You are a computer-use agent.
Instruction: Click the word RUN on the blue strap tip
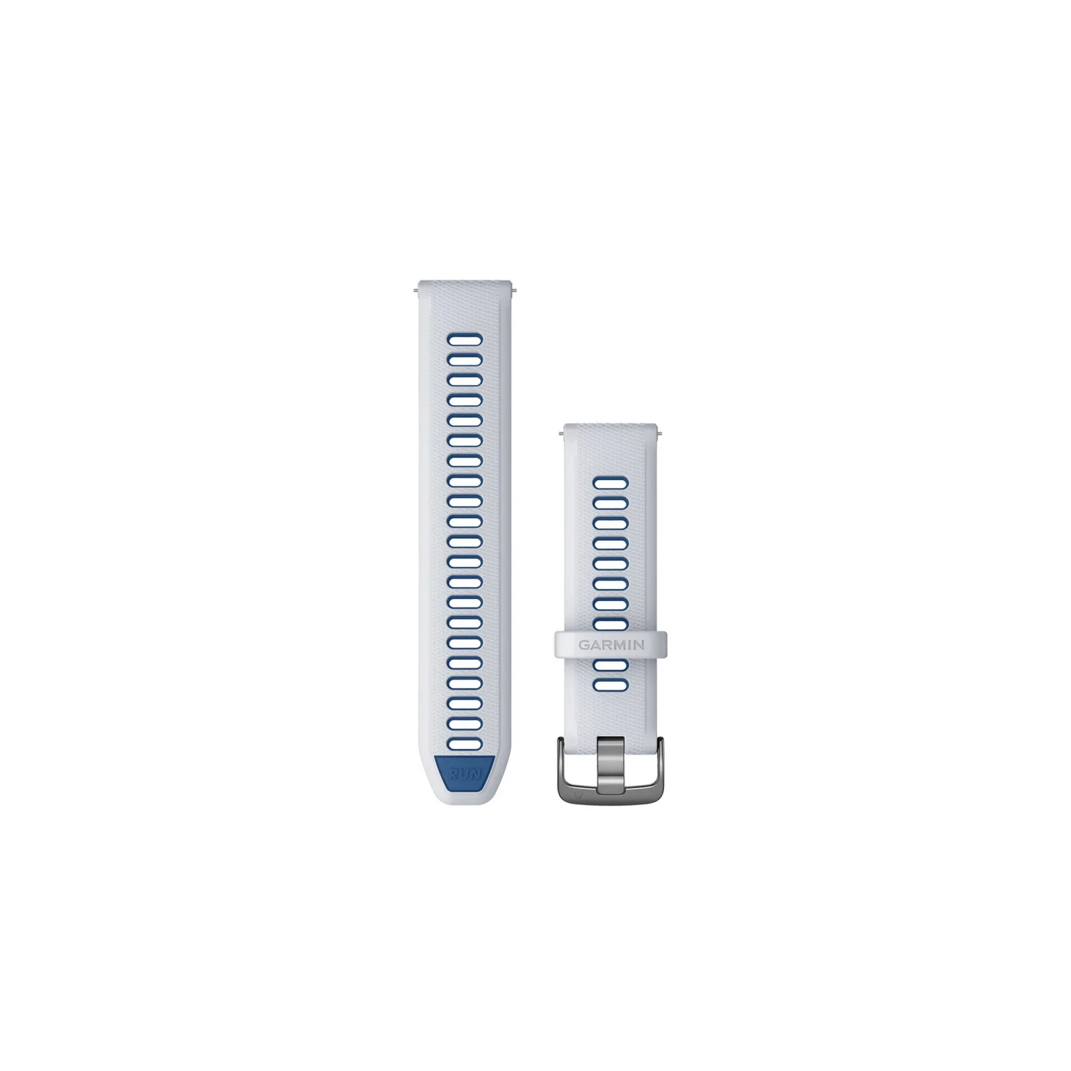(465, 773)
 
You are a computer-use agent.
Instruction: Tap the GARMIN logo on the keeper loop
(611, 645)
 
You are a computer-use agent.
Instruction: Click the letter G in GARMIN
(584, 645)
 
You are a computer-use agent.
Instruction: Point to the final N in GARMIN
(639, 645)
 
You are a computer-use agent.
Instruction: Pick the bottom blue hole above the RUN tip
(465, 744)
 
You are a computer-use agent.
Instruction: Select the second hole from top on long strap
(465, 359)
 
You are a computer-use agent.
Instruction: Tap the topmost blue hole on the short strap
(610, 483)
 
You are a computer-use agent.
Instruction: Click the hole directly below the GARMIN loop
(610, 665)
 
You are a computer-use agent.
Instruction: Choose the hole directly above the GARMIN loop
(610, 624)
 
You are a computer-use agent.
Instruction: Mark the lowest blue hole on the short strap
(610, 685)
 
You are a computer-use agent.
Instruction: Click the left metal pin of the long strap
(416, 291)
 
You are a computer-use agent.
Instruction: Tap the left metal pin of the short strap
(560, 433)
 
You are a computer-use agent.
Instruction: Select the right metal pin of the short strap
(661, 433)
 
